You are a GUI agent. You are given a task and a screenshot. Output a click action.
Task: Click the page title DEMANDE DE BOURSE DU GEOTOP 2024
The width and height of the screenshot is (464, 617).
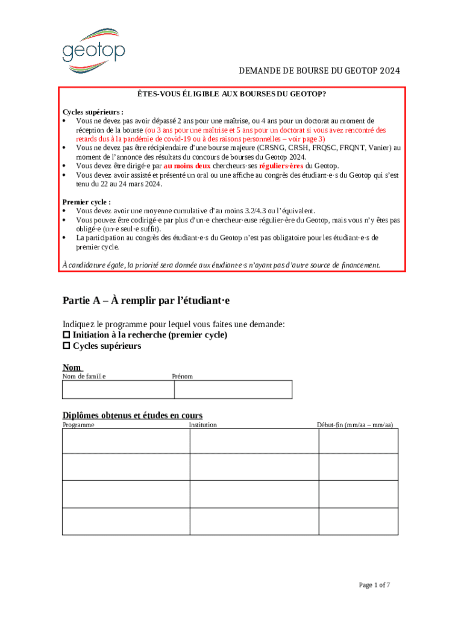319,72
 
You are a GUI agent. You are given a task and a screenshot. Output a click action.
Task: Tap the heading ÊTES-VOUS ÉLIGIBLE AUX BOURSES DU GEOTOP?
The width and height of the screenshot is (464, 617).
231,95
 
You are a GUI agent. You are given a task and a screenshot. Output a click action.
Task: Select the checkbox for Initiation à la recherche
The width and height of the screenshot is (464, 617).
67,335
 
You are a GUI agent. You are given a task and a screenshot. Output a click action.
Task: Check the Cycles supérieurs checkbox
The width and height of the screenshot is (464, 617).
67,346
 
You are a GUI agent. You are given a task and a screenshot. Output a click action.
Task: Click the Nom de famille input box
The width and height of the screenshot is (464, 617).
118,390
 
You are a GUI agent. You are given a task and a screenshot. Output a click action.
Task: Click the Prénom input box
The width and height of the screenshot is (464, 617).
233,390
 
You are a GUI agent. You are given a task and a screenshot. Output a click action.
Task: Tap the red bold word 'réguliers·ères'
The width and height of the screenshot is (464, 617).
281,166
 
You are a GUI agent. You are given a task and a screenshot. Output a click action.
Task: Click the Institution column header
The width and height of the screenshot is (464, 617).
203,425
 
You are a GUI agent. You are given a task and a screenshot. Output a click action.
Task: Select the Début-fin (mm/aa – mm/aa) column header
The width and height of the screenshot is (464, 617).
355,425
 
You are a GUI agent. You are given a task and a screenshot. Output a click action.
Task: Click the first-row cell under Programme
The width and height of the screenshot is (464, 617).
126,440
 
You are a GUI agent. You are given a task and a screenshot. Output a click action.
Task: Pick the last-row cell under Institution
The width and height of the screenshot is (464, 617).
254,521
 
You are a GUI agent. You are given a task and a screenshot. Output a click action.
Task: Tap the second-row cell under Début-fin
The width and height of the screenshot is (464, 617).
358,467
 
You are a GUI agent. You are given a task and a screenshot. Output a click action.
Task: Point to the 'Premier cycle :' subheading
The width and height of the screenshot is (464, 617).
87,202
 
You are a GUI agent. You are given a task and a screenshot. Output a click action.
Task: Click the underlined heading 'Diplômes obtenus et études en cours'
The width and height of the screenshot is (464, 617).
133,415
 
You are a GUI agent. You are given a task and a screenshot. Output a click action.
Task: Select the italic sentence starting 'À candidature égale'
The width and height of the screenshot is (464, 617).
222,265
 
